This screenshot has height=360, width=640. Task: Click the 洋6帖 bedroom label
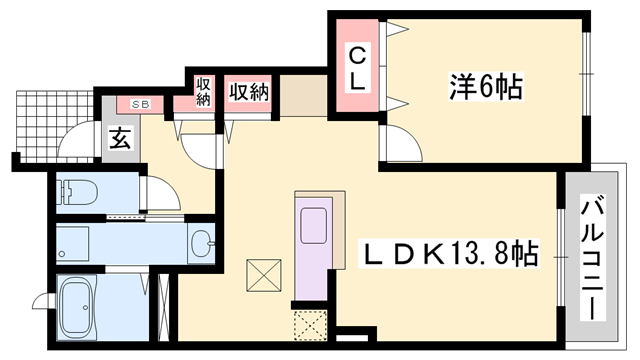pos(487,87)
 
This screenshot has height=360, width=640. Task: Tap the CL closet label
pos(356,67)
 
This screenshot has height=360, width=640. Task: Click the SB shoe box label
pos(139,103)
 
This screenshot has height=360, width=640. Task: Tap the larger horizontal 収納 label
pos(249,93)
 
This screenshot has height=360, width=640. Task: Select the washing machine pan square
pos(76,242)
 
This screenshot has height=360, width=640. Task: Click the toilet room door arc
pos(156,190)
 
